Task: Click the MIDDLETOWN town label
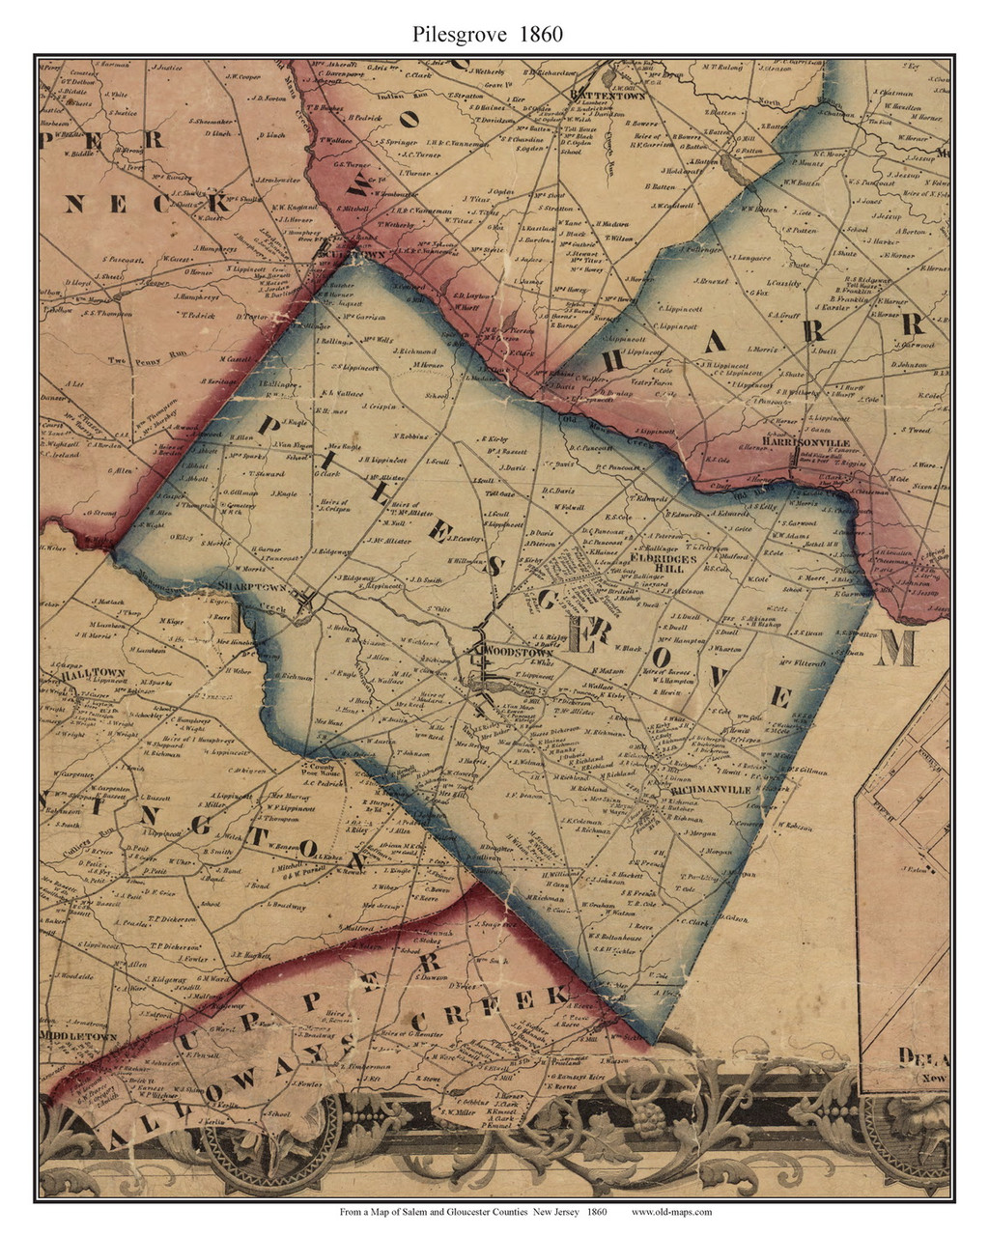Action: point(77,1036)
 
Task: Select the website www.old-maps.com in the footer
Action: point(671,1212)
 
